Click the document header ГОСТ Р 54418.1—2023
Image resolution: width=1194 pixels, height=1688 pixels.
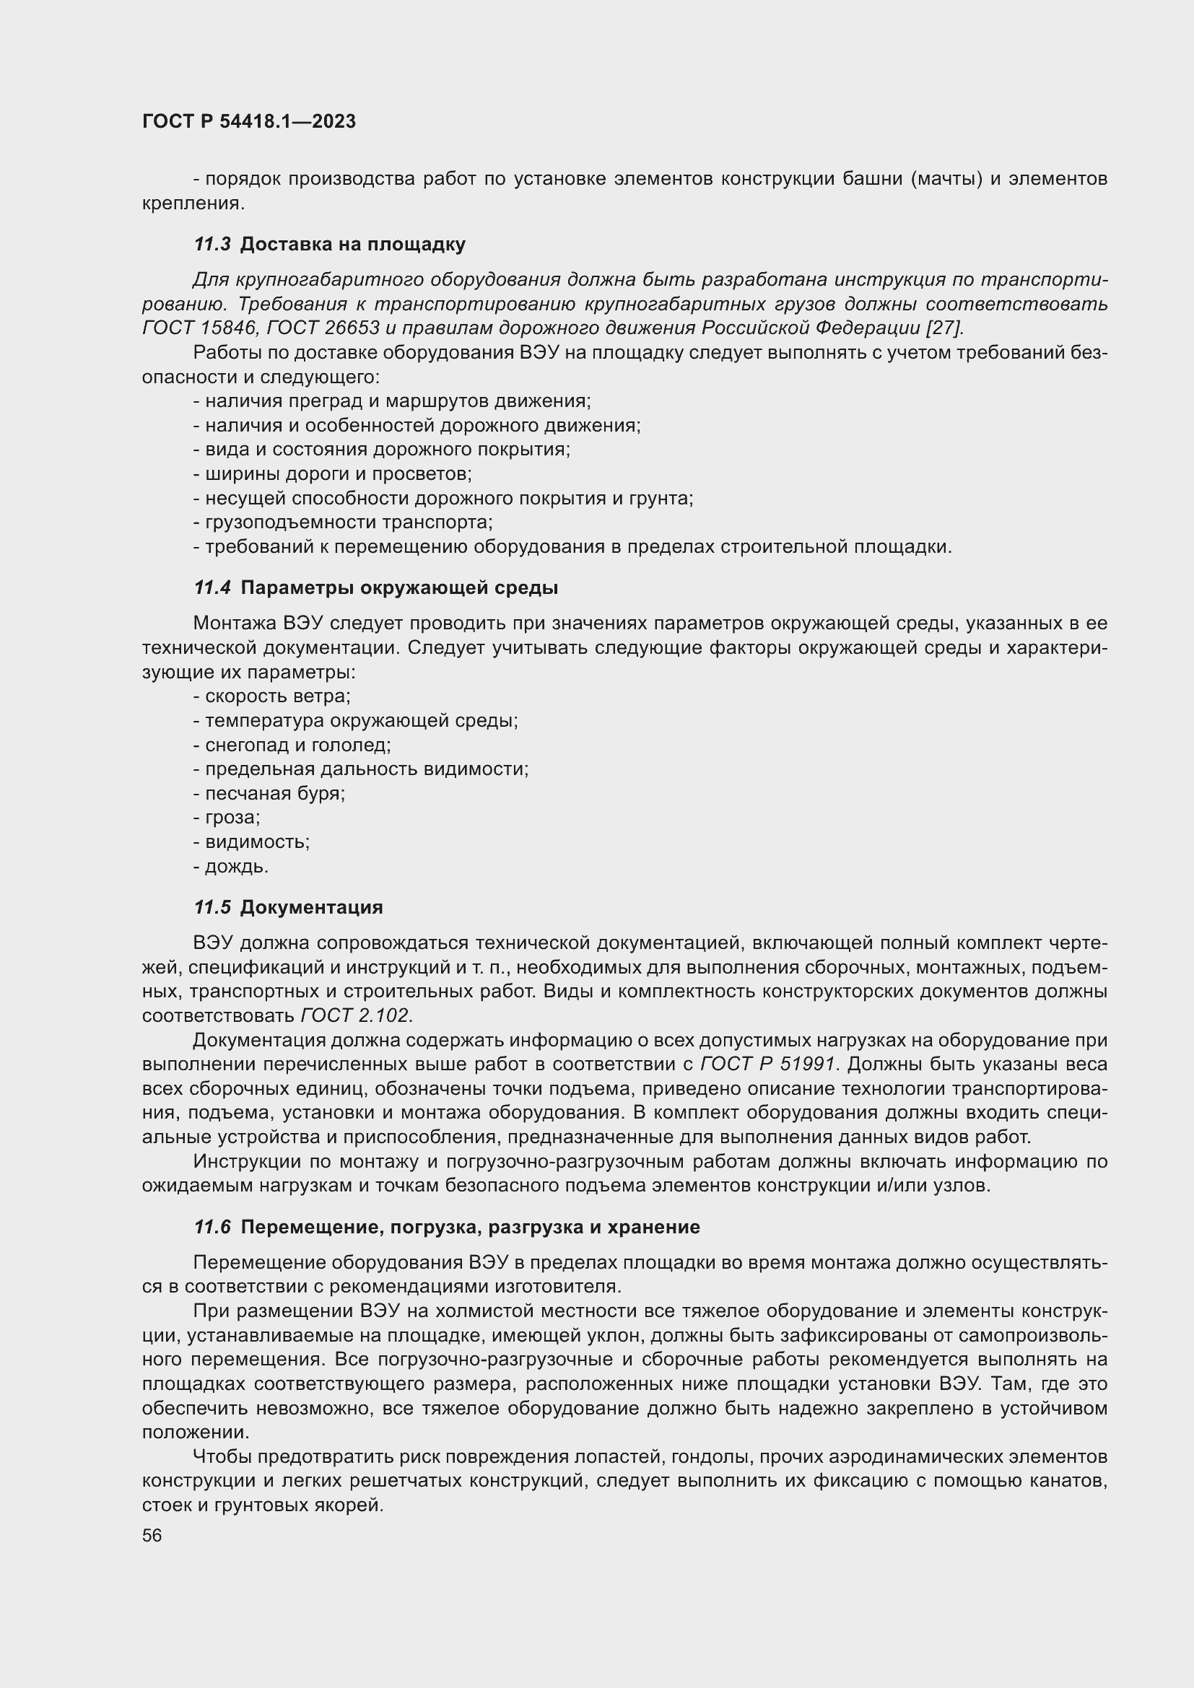coord(248,122)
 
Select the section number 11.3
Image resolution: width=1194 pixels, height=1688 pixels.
coord(212,244)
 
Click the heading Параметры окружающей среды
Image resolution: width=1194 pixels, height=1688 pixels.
coord(399,587)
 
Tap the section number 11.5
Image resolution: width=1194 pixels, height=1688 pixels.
coord(212,907)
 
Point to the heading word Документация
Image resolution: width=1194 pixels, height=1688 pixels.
coord(311,907)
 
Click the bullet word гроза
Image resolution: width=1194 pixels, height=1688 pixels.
coord(232,818)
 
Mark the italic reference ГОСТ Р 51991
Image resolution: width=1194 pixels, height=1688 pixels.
coord(767,1064)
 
